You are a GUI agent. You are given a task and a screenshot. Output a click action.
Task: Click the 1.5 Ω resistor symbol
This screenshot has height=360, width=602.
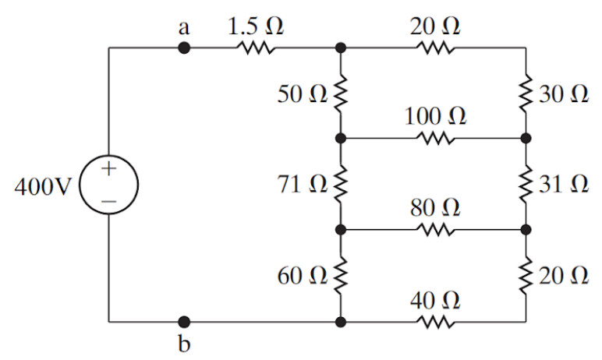click(254, 48)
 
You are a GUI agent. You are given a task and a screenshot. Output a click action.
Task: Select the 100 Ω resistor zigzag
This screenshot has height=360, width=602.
click(435, 139)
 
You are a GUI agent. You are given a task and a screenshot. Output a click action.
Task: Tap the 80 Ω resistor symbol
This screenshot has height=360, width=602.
click(435, 231)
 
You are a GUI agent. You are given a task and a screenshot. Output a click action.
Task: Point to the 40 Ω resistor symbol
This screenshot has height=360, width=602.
click(435, 321)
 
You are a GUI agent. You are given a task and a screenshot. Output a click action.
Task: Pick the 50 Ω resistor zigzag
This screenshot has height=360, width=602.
click(340, 94)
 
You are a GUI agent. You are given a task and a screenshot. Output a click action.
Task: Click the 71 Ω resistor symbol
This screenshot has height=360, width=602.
click(340, 185)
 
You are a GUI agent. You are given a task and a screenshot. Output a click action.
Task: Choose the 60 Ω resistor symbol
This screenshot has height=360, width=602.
click(340, 276)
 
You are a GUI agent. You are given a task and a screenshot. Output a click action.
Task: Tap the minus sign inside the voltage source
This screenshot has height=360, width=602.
click(109, 201)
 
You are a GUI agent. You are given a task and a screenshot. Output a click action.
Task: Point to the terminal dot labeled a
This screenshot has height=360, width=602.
click(184, 48)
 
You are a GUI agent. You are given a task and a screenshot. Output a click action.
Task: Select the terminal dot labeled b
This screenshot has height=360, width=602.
click(184, 321)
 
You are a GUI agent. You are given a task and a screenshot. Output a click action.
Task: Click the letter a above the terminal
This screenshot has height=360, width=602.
click(184, 26)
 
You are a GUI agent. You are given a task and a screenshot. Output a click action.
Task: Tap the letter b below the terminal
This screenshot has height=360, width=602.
click(184, 344)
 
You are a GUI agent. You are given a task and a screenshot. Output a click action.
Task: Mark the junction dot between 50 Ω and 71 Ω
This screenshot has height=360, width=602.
click(340, 139)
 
